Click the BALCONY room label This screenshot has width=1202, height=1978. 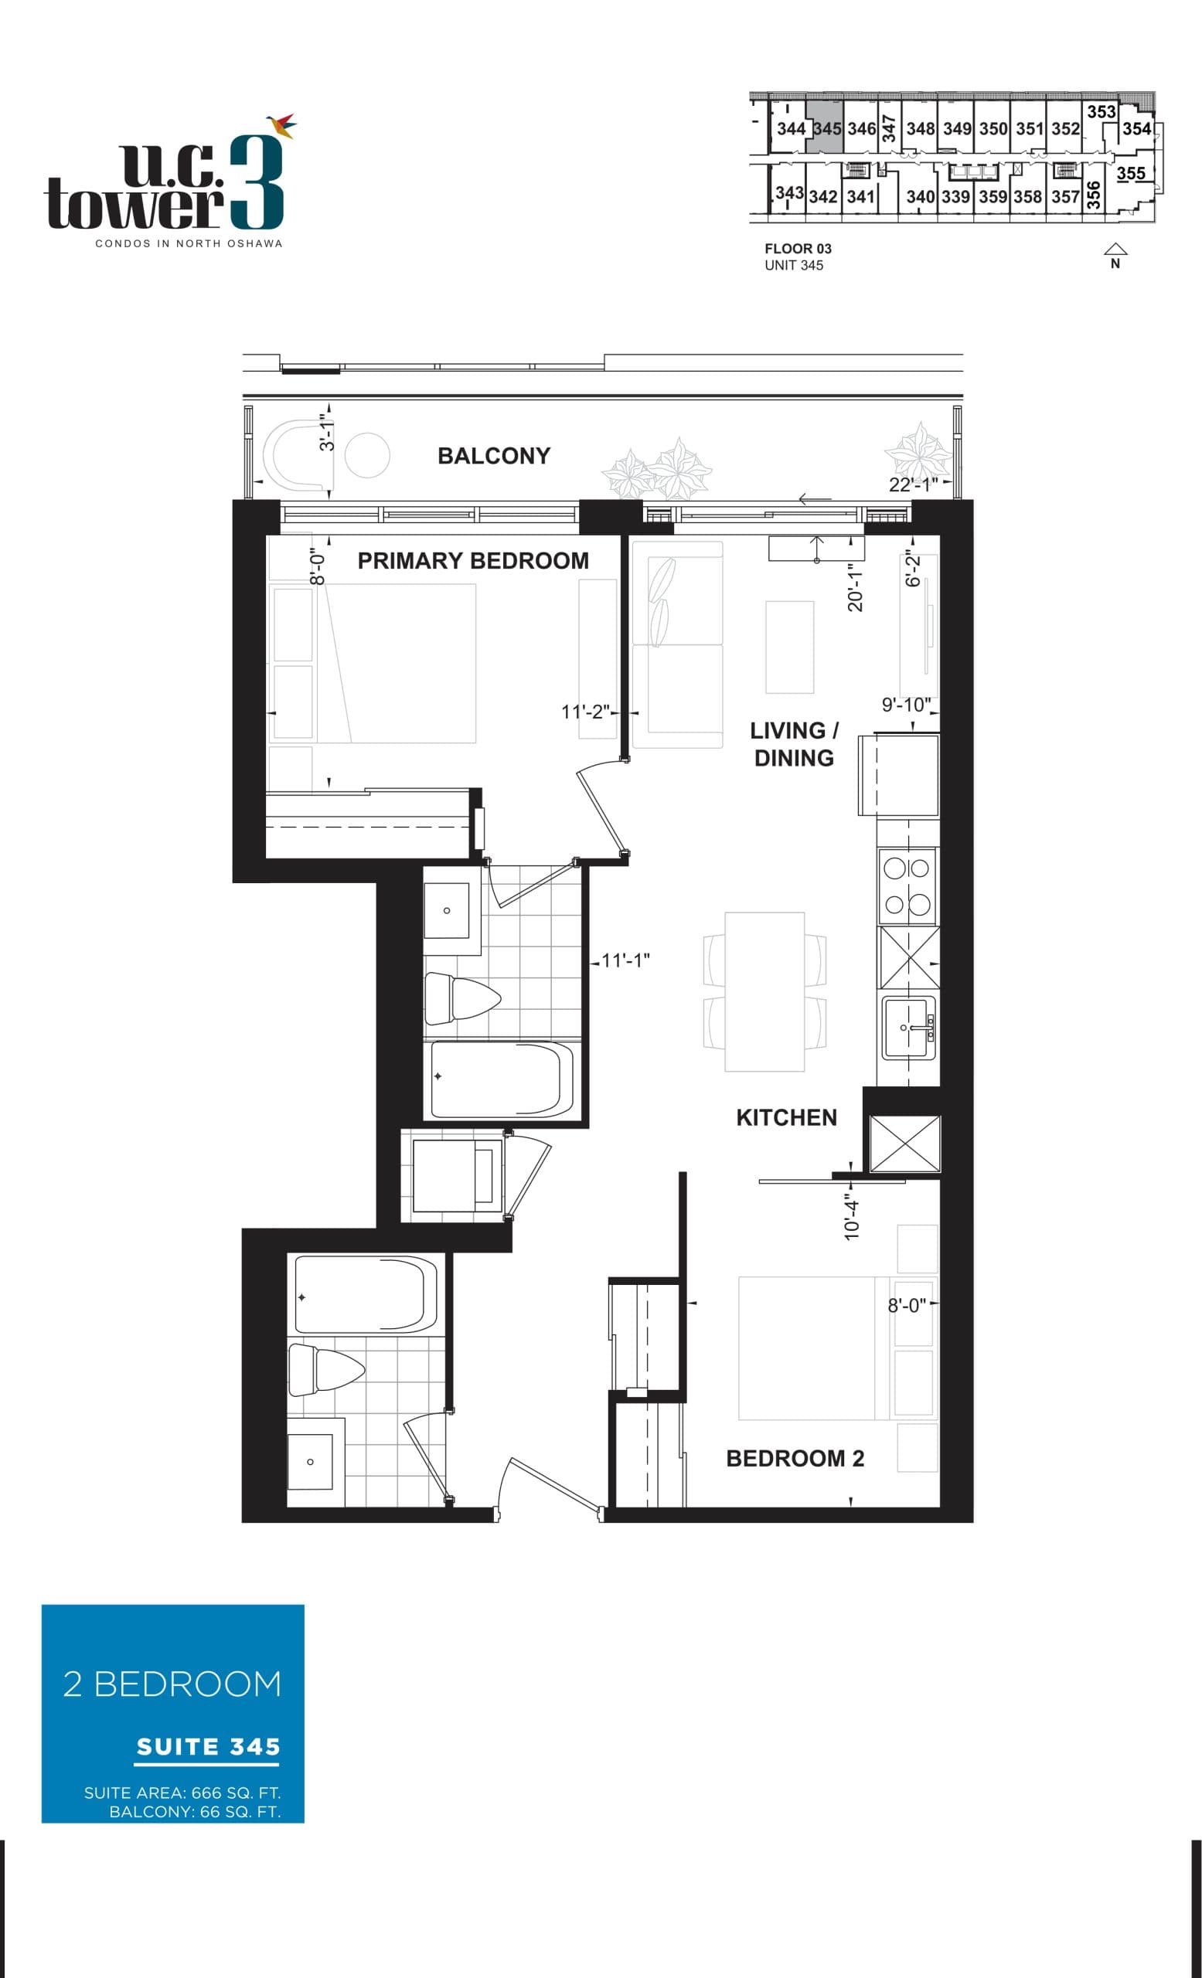coord(493,456)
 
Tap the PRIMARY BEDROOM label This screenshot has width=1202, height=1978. coord(472,560)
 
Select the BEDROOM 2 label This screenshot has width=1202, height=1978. coord(794,1459)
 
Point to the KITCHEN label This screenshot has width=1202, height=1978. coord(786,1117)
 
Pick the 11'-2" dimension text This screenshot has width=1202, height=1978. coord(585,712)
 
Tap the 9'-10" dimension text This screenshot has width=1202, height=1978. coord(906,705)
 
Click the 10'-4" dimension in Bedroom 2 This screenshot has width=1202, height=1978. coord(852,1218)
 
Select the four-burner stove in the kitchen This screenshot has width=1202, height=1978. coord(907,885)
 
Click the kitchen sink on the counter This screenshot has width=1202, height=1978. coord(908,1028)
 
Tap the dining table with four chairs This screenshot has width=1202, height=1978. coord(764,991)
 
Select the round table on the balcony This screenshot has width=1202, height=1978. coord(368,455)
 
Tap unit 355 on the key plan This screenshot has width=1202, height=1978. coord(1130,173)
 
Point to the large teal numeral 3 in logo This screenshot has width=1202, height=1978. coord(256,182)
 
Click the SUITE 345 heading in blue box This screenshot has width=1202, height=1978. coord(208,1747)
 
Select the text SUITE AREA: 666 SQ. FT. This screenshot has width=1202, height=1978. coord(182,1793)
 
